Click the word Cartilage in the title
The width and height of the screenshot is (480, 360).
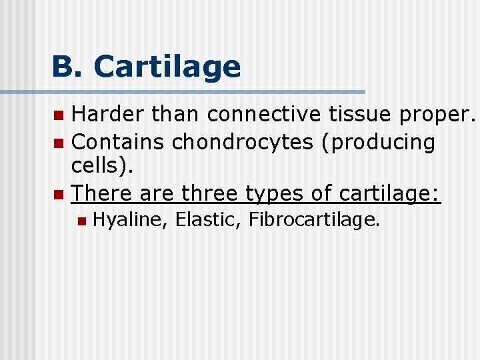167,67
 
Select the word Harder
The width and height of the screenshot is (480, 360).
108,115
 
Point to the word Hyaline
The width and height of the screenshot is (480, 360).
129,221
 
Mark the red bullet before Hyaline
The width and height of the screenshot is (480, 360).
81,221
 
